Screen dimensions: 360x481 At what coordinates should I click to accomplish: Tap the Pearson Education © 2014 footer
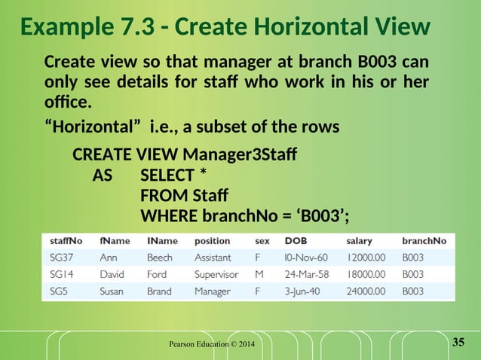tap(211, 345)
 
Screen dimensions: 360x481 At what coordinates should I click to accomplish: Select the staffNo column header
tap(66, 241)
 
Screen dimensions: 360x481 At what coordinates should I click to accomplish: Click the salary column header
tap(359, 241)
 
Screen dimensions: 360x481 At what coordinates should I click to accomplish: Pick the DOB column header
tap(296, 241)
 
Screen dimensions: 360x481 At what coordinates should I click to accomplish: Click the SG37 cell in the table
tap(62, 258)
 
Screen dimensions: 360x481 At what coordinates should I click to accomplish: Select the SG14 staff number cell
tap(62, 274)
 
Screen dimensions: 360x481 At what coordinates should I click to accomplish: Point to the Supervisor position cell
tap(216, 274)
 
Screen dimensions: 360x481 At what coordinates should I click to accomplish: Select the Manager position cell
tap(213, 291)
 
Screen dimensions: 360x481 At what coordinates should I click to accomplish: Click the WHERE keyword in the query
tap(167, 217)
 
